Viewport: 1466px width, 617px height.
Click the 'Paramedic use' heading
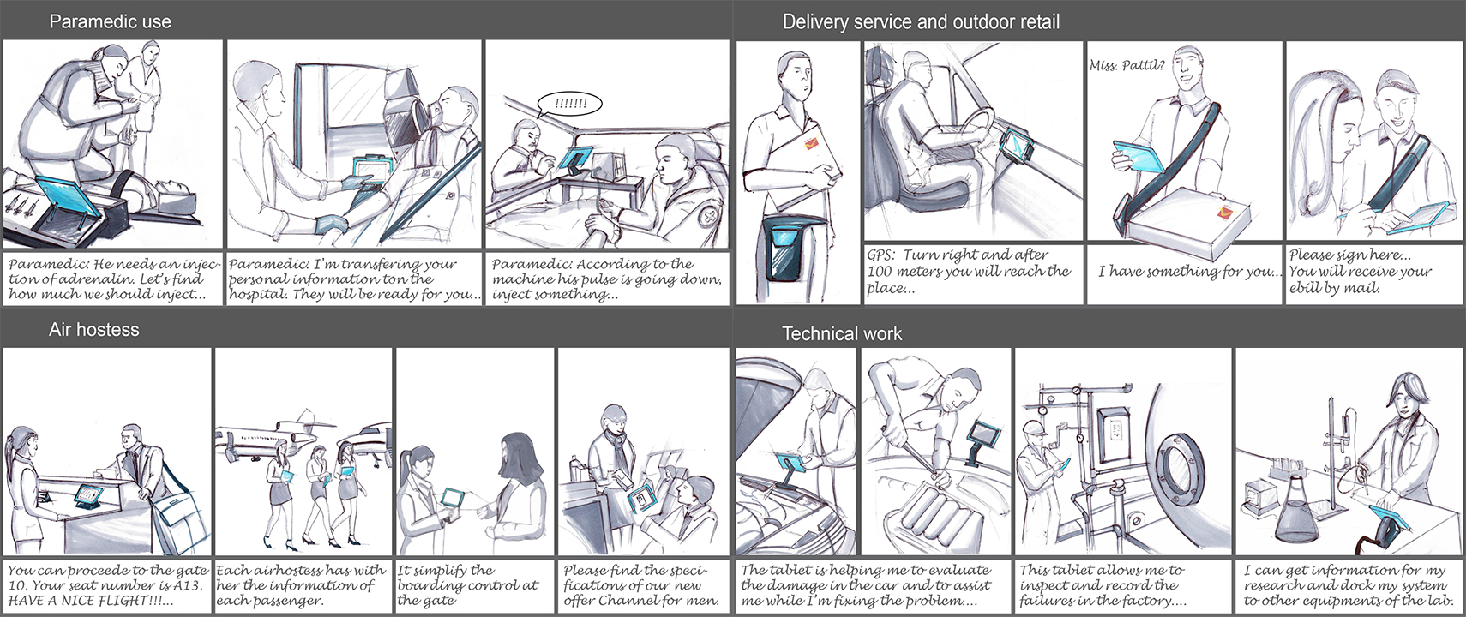tap(110, 21)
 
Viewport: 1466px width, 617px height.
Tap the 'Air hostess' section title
tap(93, 329)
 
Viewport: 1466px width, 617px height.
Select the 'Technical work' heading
tap(841, 333)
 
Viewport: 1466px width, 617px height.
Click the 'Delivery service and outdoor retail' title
tap(921, 21)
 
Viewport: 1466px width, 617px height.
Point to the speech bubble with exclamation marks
tap(570, 105)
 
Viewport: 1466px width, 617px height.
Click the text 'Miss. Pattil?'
tap(1127, 65)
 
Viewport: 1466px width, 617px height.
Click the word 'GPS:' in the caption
tap(881, 255)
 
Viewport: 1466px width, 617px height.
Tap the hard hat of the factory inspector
tap(1035, 428)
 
